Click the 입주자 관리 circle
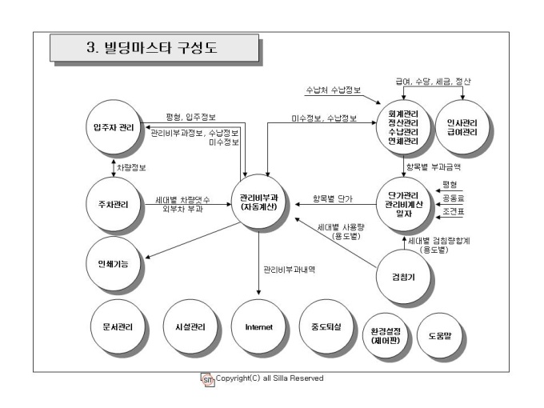click(x=114, y=127)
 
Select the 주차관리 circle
click(x=114, y=205)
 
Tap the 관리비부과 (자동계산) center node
click(x=259, y=202)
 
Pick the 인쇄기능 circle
click(x=114, y=264)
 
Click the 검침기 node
click(x=403, y=277)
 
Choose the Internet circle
click(x=259, y=327)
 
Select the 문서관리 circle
click(x=118, y=327)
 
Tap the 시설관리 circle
click(x=190, y=327)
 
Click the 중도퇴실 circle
click(x=326, y=327)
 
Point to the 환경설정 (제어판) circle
click(x=386, y=336)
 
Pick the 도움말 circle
click(x=440, y=336)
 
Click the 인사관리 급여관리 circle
click(x=462, y=127)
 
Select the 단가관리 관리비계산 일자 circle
click(x=403, y=205)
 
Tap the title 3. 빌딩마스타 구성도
click(x=152, y=47)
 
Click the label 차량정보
click(x=131, y=168)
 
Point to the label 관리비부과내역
click(x=290, y=270)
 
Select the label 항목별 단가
click(x=332, y=198)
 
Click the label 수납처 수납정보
click(x=334, y=90)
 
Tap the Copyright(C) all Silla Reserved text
click(x=270, y=378)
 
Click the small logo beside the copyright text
click(x=207, y=380)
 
